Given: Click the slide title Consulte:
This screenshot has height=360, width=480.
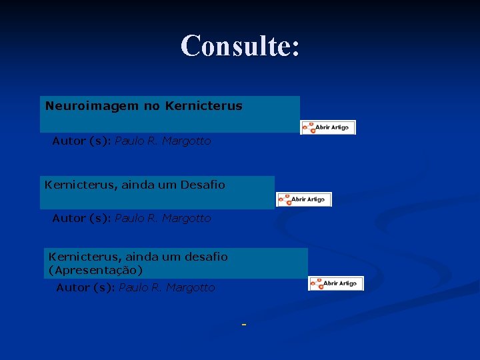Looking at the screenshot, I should click(240, 46).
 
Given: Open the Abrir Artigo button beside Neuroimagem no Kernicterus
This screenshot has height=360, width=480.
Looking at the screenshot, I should click(328, 127).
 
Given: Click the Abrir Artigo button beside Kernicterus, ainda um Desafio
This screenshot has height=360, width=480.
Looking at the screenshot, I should click(304, 199).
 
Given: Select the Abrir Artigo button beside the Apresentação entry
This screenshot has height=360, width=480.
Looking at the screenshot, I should click(336, 283).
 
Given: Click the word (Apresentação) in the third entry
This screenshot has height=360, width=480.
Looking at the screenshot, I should click(96, 270).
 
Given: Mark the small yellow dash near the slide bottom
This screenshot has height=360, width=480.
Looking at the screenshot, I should click(244, 325).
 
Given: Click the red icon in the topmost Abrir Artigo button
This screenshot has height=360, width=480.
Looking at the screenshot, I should click(309, 127).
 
